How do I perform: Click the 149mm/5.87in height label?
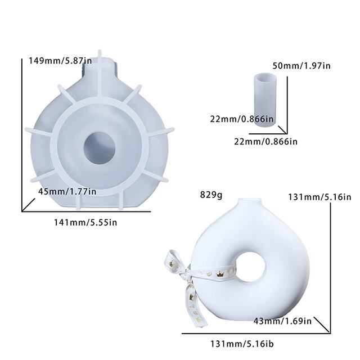click(60, 61)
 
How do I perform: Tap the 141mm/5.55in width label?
click(85, 223)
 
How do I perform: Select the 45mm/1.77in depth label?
click(67, 191)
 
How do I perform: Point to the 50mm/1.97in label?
click(301, 66)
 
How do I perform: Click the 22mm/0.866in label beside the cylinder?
click(242, 119)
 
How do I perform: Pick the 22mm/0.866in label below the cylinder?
click(265, 141)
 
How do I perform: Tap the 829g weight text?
click(211, 195)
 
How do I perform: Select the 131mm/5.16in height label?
click(319, 197)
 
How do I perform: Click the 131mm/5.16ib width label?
click(242, 344)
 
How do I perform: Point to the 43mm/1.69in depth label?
click(282, 321)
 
